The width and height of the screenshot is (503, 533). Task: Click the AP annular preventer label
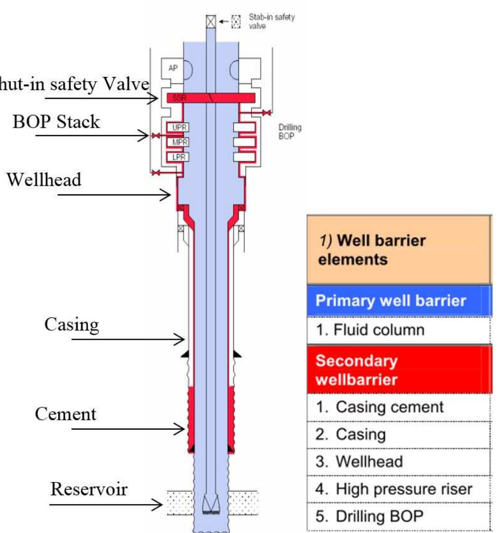(x=172, y=68)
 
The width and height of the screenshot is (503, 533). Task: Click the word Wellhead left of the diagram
(x=44, y=181)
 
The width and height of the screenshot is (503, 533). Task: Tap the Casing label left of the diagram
(x=71, y=325)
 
